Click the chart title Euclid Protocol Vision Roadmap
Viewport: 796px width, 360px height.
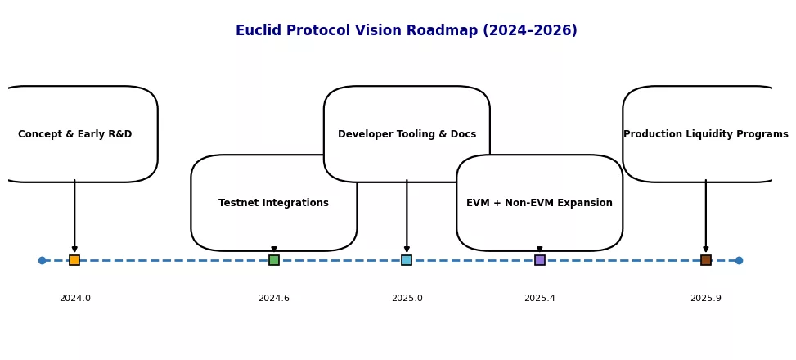click(x=406, y=31)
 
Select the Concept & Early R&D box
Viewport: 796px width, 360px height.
click(x=74, y=134)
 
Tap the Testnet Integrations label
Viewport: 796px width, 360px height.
click(x=273, y=203)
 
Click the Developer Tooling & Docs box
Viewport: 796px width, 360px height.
click(x=407, y=134)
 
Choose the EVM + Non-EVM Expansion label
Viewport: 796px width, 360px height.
click(x=539, y=203)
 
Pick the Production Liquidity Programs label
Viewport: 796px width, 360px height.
click(x=705, y=134)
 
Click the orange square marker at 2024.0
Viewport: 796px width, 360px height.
click(x=74, y=260)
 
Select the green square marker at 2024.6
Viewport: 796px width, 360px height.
click(x=274, y=260)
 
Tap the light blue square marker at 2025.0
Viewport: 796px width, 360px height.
click(x=407, y=260)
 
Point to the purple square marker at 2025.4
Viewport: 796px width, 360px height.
click(x=540, y=260)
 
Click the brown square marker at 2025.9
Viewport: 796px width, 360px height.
click(x=706, y=260)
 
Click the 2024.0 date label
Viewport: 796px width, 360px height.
click(x=74, y=299)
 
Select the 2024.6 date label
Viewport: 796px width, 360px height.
click(x=274, y=299)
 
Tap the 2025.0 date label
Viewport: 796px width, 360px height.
click(x=407, y=299)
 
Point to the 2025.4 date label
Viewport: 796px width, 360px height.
click(x=540, y=299)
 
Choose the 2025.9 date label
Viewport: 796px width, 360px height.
click(x=706, y=299)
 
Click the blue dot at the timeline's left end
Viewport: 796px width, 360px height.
click(x=42, y=260)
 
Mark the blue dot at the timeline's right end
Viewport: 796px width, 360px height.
click(x=739, y=260)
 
